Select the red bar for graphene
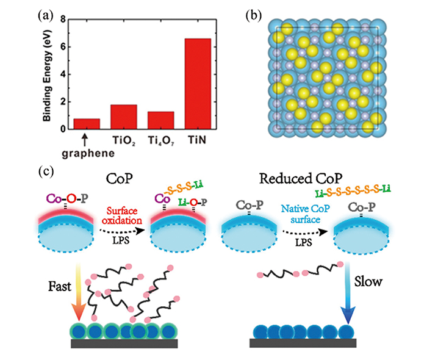tap(87, 124)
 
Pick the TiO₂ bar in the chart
tap(124, 117)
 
